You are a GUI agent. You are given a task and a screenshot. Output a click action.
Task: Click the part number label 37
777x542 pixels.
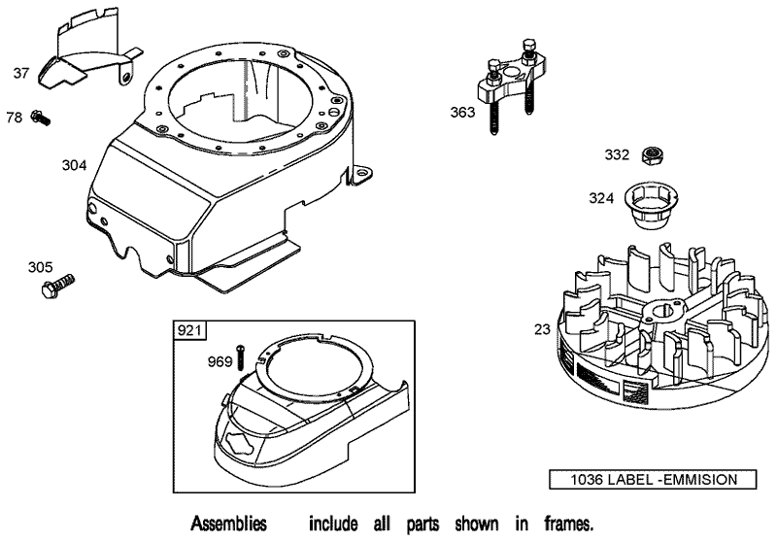coord(21,73)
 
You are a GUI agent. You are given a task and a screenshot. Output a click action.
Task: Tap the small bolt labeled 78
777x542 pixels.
coord(40,118)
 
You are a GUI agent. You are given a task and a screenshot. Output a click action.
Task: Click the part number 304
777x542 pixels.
coord(75,165)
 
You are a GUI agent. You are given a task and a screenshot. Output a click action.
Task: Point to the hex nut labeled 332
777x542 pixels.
coord(653,155)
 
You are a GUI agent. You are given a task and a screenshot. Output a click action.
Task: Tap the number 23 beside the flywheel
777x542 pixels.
coord(542,329)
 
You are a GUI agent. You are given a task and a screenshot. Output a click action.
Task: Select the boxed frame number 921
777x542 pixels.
coord(189,331)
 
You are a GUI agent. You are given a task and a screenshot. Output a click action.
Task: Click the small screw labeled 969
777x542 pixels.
coord(239,357)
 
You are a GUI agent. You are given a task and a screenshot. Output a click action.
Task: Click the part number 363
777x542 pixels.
coord(462,113)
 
